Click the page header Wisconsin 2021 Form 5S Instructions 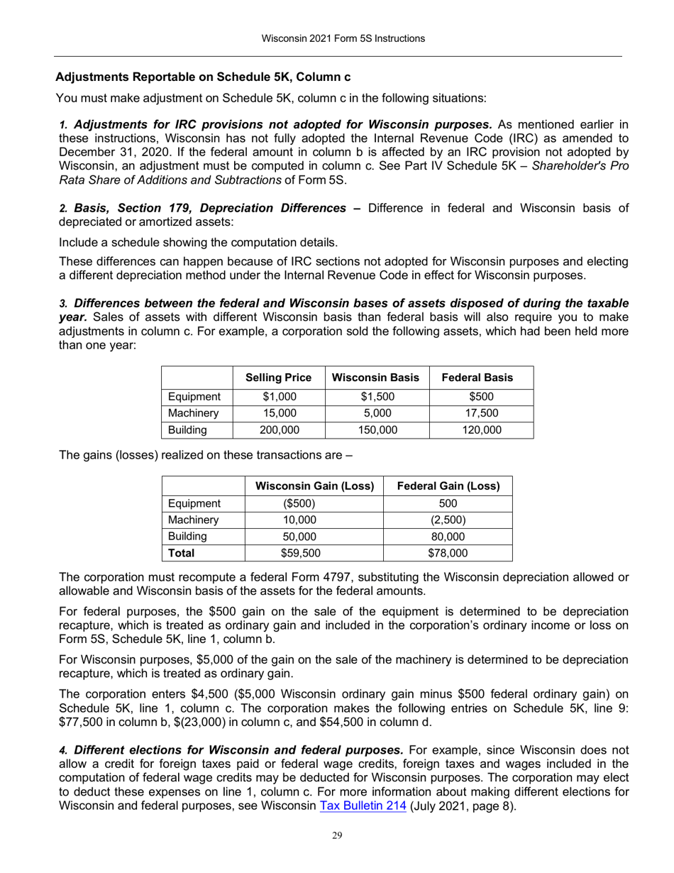click(x=338, y=38)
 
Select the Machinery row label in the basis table click(x=191, y=413)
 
